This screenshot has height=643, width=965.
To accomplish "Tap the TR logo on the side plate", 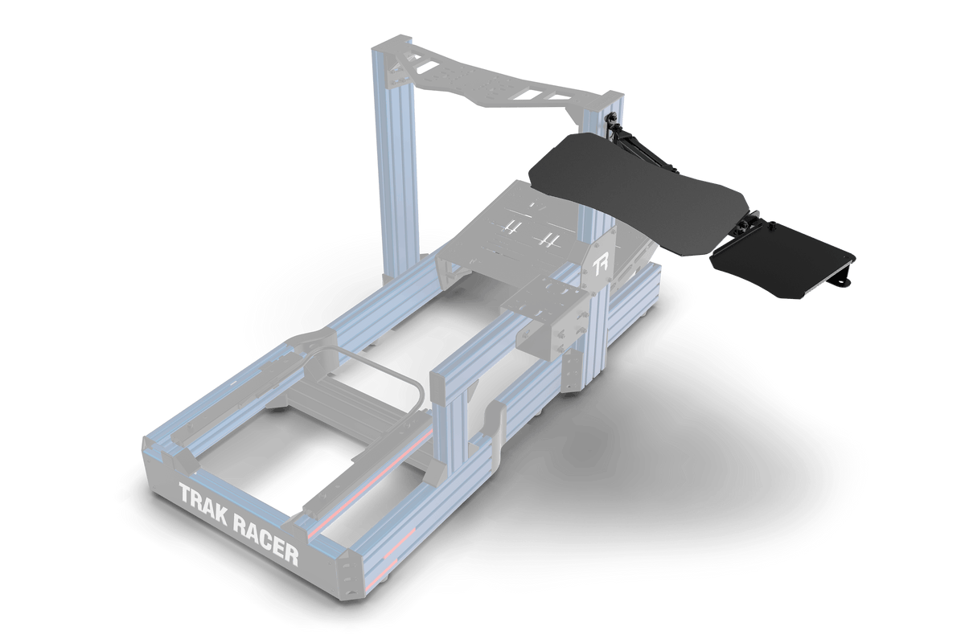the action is pyautogui.click(x=600, y=266).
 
